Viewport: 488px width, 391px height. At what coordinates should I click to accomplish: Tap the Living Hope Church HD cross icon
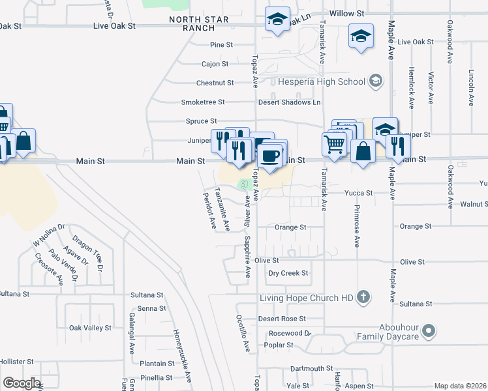click(363, 298)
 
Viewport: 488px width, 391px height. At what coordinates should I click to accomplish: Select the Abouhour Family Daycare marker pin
click(429, 331)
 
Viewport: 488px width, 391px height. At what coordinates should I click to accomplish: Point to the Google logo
click(22, 383)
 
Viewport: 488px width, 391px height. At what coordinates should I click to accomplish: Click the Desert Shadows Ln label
click(289, 102)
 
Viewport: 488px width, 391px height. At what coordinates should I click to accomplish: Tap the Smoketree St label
click(202, 102)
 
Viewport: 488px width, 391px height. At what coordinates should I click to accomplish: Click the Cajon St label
click(215, 64)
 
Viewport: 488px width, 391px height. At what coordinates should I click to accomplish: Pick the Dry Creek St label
click(288, 273)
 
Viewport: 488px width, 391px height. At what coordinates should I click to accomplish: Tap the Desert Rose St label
click(282, 319)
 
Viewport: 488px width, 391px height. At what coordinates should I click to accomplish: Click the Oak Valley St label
click(90, 328)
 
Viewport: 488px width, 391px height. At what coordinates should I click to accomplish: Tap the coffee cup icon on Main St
click(269, 156)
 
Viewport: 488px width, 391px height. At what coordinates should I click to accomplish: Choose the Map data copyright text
click(460, 386)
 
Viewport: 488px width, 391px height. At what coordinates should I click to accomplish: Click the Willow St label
click(346, 13)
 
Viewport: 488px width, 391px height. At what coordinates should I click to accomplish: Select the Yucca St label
click(359, 193)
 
